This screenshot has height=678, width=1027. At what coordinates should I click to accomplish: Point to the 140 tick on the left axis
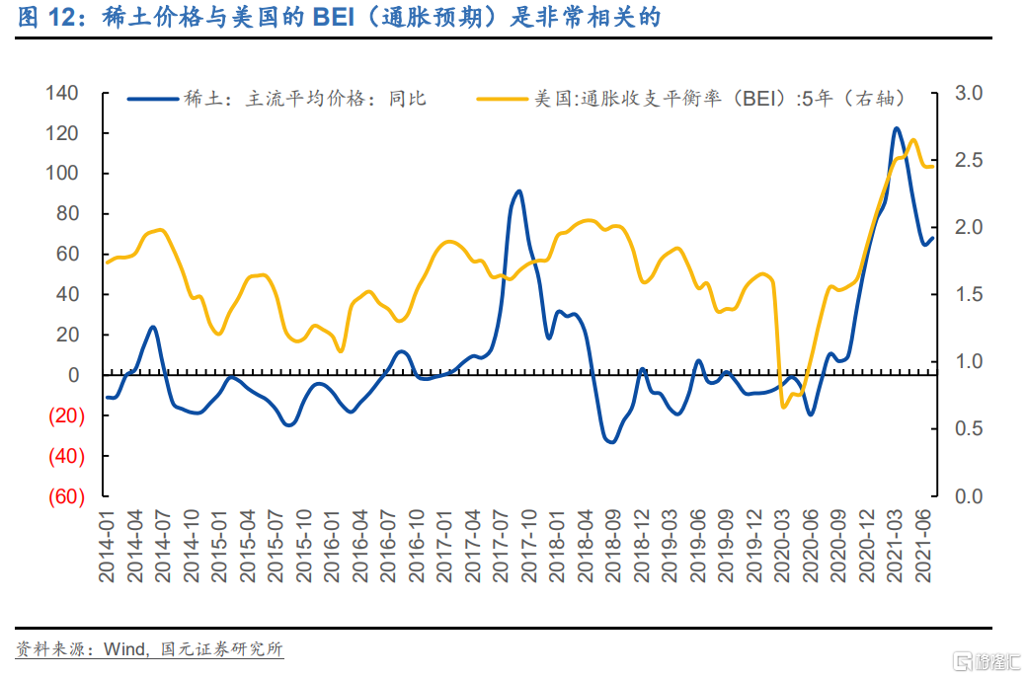click(61, 94)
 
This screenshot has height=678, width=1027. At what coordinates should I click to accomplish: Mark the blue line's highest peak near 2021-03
click(897, 128)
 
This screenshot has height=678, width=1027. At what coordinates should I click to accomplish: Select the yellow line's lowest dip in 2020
click(784, 407)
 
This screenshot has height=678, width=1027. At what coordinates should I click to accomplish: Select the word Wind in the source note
click(124, 649)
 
